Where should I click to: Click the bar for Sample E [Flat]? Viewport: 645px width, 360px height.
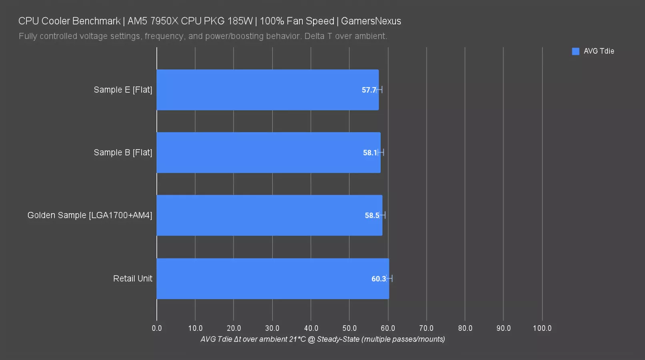(267, 90)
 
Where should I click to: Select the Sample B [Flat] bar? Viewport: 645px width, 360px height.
(268, 152)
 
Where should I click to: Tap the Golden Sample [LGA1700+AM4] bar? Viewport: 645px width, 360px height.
(269, 215)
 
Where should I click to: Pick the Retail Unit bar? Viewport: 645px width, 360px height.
(272, 278)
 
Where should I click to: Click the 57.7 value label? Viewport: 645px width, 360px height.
(369, 90)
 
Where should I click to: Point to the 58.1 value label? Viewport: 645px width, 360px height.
(370, 153)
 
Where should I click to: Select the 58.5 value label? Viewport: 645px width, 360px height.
(372, 216)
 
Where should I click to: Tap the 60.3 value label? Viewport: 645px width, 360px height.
(378, 279)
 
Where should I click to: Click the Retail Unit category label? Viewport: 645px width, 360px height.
(133, 278)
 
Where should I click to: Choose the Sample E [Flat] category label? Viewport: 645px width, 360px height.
(123, 90)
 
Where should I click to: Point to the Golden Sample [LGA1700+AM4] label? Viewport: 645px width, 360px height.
(90, 215)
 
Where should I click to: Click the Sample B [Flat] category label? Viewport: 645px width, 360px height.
(123, 152)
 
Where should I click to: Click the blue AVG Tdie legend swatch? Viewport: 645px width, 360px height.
(575, 51)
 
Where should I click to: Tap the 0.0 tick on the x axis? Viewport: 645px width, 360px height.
(157, 328)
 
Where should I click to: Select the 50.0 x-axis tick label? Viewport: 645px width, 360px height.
(349, 328)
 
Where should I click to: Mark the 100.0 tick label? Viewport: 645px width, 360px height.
(542, 328)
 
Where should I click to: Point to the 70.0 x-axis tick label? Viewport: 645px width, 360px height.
(426, 328)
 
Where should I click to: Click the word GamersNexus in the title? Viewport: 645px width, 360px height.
(371, 21)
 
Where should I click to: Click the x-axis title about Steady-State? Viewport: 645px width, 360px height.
(322, 339)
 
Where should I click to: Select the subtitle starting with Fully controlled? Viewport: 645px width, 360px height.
(203, 36)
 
